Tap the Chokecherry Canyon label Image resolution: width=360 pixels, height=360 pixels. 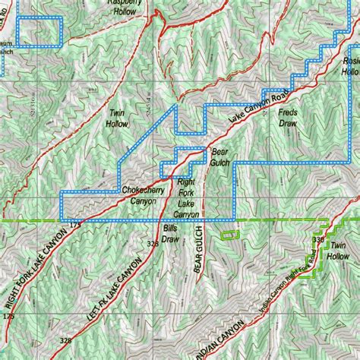(x=138, y=197)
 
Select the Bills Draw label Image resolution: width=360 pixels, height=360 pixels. (x=170, y=232)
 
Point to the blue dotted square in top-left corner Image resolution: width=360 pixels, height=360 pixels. (x=37, y=31)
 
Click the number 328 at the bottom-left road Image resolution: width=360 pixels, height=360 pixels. (x=66, y=340)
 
